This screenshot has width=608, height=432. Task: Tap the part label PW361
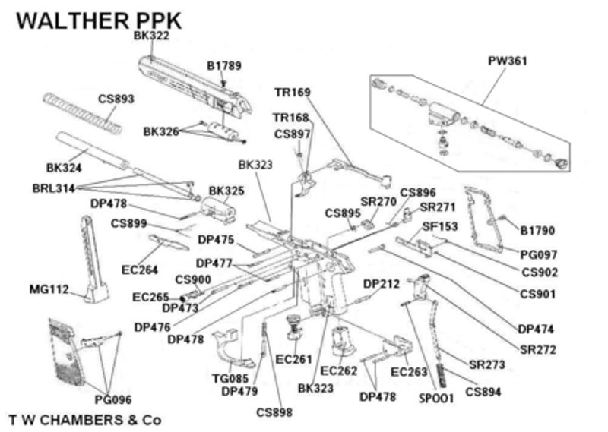508,61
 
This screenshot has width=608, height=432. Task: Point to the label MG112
49,289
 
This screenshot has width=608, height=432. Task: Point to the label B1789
224,66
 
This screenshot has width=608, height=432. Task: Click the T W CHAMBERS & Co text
84,419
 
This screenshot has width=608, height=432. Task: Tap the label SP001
435,397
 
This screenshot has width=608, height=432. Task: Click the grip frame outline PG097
483,220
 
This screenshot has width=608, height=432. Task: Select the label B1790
537,229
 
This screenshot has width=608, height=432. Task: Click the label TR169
293,93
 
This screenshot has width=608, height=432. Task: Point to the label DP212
382,284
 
